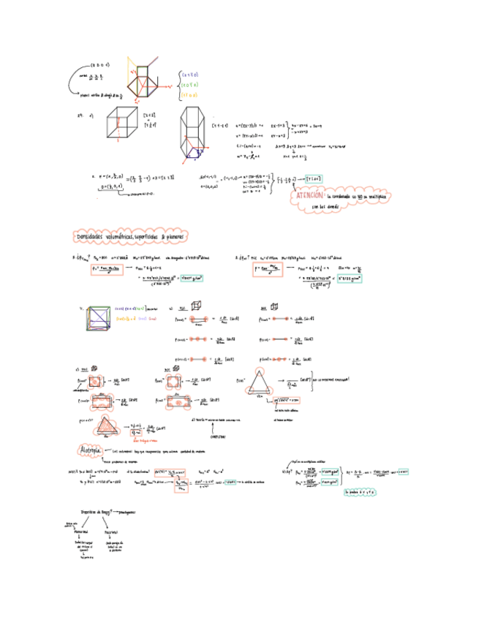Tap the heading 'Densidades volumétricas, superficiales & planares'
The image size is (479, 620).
point(132,237)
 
